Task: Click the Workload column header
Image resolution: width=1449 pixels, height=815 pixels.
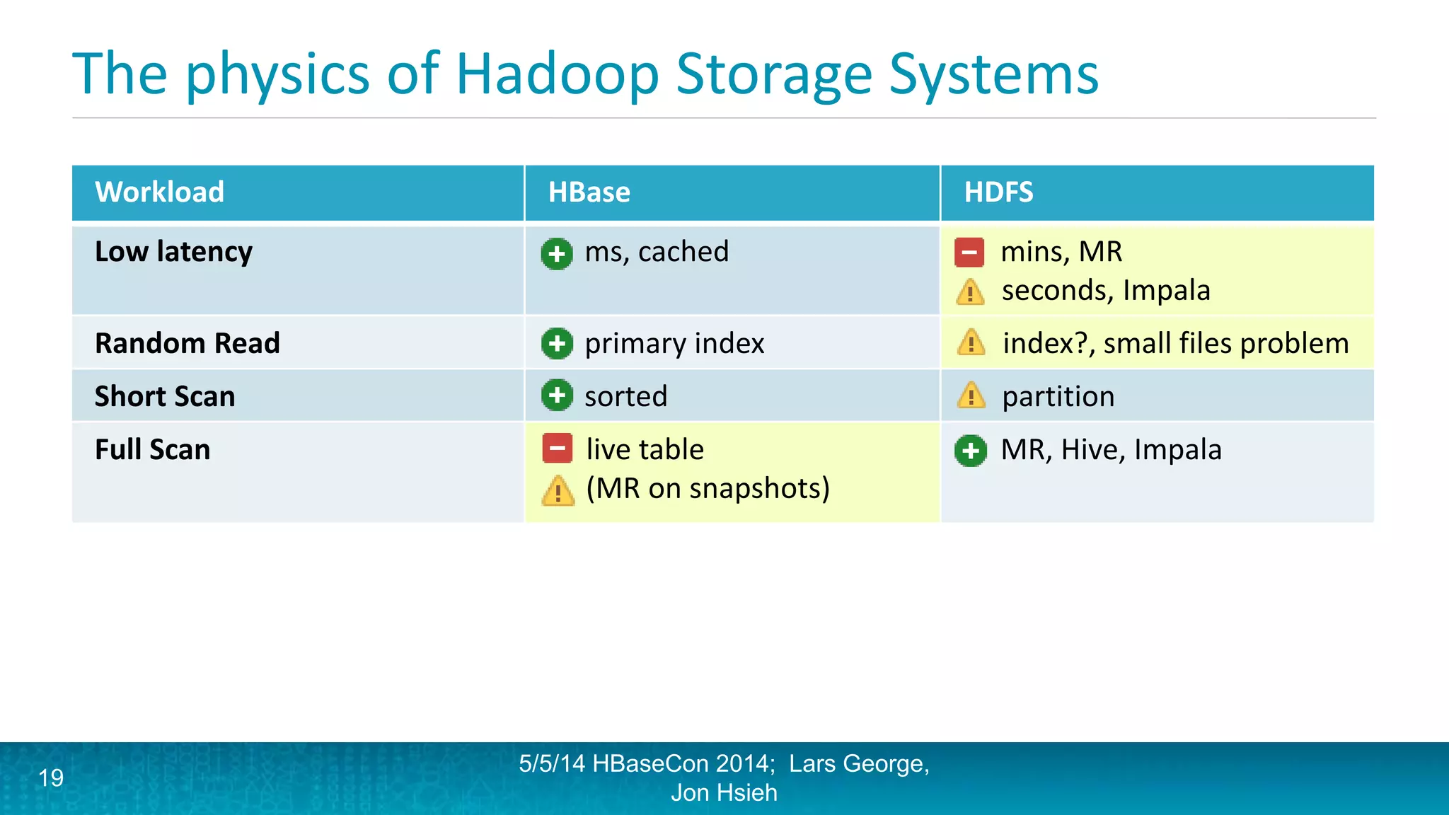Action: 159,192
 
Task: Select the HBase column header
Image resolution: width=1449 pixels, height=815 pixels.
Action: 589,192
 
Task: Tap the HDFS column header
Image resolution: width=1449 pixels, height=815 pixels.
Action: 998,192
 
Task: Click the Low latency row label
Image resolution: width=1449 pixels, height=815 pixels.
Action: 173,252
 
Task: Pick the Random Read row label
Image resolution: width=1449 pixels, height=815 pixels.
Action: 187,343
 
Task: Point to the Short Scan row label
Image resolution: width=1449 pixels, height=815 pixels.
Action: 165,396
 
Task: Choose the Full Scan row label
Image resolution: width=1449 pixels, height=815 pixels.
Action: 152,450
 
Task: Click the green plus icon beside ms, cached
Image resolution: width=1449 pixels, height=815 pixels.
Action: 557,253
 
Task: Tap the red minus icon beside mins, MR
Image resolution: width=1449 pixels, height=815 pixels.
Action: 969,253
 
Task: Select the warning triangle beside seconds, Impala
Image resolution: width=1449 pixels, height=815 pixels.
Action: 970,291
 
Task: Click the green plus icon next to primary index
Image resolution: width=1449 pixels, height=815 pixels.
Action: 557,344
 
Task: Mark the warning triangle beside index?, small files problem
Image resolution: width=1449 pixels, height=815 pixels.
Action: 971,343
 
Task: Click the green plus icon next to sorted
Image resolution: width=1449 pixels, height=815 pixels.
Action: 557,395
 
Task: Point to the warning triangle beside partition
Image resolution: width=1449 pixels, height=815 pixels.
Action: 971,396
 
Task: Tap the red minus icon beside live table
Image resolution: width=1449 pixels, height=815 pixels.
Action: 557,449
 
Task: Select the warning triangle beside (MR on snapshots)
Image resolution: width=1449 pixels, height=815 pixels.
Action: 558,490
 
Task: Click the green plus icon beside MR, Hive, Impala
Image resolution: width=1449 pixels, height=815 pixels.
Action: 970,450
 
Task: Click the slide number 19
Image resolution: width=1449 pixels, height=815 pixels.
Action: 51,778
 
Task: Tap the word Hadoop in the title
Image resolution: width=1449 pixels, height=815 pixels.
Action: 557,74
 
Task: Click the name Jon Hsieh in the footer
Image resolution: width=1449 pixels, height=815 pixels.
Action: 724,793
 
